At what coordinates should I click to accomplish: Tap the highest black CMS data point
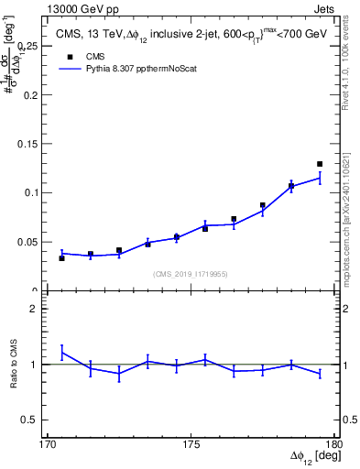[320, 164]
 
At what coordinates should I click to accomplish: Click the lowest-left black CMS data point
[61, 258]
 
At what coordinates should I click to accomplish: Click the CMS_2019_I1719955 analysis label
[190, 273]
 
